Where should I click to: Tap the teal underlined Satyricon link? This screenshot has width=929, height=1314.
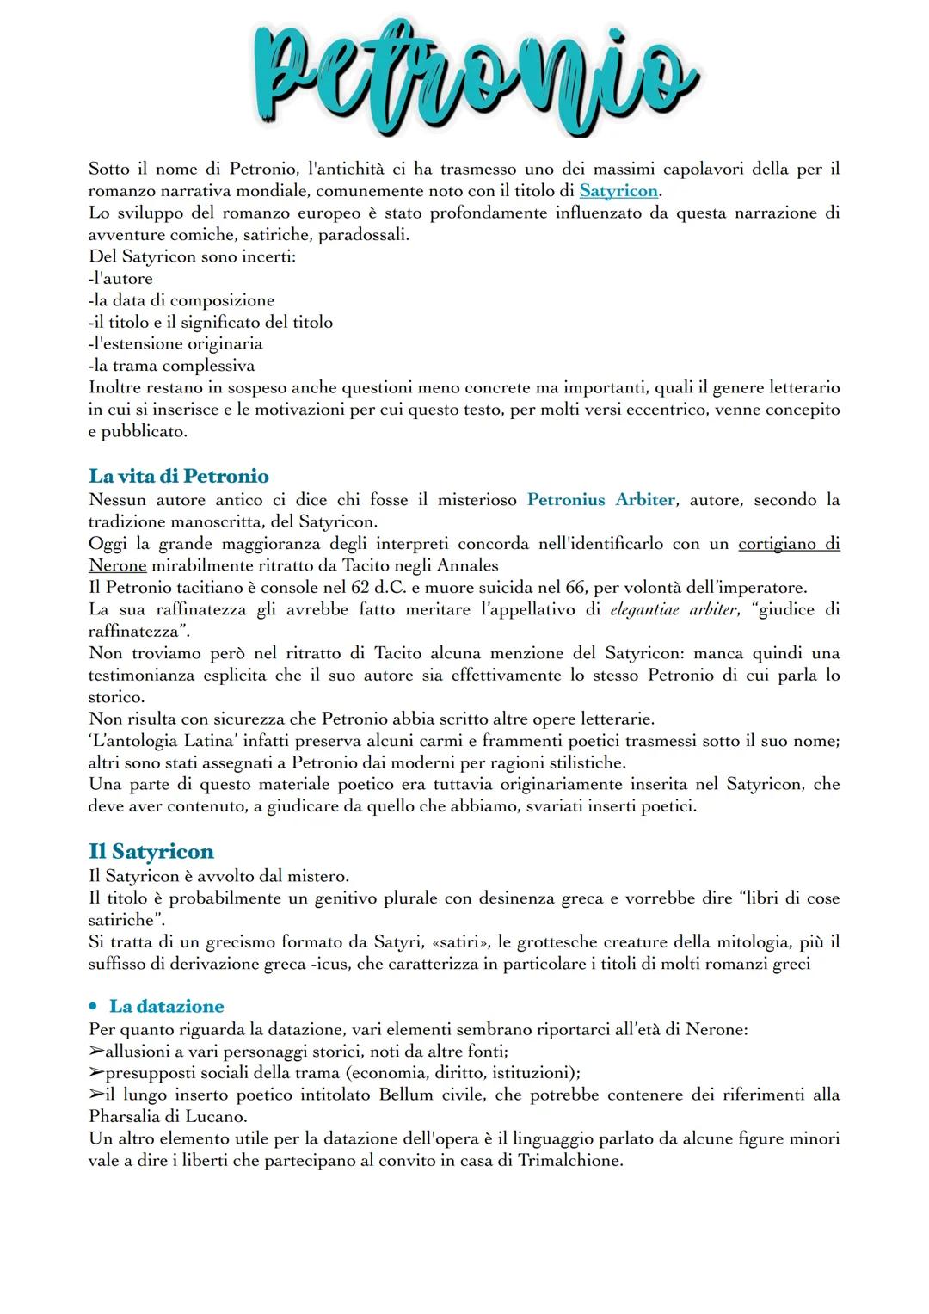click(618, 191)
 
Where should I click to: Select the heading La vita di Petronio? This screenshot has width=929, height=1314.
click(178, 476)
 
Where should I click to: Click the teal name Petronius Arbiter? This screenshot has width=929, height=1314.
click(600, 500)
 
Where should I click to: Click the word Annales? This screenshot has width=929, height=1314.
click(468, 565)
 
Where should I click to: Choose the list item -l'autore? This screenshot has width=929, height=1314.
click(120, 279)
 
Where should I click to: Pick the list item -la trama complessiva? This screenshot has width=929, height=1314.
click(171, 366)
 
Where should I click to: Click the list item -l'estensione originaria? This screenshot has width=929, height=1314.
click(175, 344)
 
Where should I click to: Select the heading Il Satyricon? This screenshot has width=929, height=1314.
click(151, 851)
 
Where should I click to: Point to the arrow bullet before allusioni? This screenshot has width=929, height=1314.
click(96, 1052)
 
